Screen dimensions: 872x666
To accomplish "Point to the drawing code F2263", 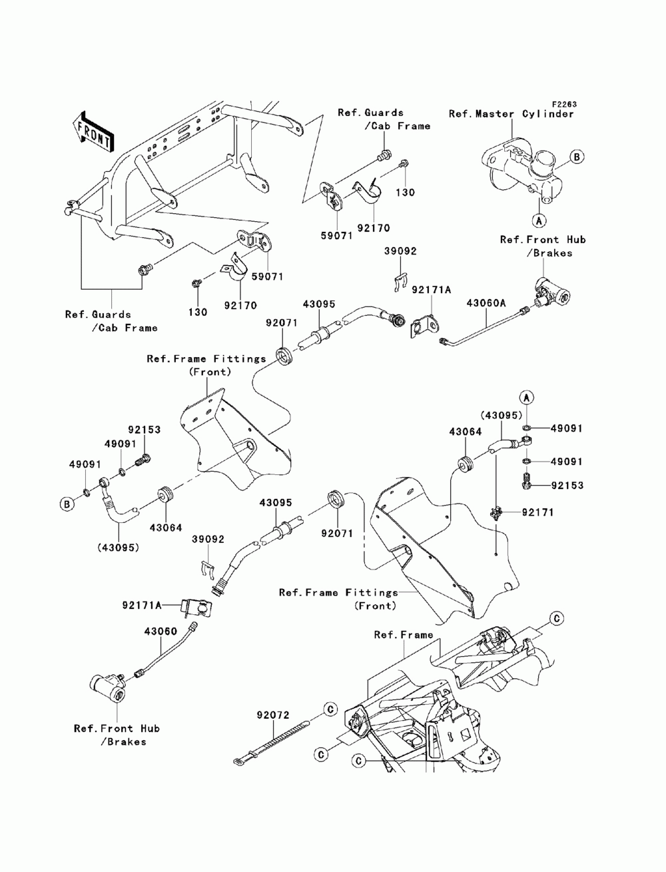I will tap(563, 105).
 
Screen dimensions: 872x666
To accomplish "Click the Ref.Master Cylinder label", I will tap(511, 114).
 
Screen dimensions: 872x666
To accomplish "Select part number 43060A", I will tap(486, 303).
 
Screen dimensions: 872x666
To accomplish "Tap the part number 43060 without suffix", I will tap(161, 631).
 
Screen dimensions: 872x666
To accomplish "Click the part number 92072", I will tap(272, 715).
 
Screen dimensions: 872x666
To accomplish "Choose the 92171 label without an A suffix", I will tap(537, 512).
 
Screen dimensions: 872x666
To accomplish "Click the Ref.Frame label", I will tap(403, 635).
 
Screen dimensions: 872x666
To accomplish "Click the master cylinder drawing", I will tap(523, 167).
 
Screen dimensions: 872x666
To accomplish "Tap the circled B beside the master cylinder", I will tap(577, 157).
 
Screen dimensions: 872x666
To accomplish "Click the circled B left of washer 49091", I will tap(67, 504).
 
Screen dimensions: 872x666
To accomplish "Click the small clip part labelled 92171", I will tap(495, 513).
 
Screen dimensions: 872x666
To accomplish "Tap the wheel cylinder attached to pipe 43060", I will tap(108, 686).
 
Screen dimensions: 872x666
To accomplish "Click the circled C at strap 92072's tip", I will tap(328, 710).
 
